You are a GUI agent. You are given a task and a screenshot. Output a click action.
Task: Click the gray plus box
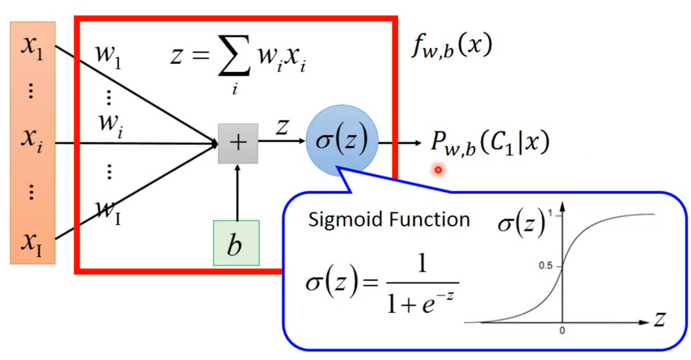(238, 143)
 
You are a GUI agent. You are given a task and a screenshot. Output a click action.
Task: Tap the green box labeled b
(236, 243)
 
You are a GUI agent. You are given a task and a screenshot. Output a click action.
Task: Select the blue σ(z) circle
(342, 141)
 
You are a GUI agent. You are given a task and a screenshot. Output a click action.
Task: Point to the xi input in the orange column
(32, 140)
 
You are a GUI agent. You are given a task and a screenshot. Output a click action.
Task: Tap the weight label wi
(110, 125)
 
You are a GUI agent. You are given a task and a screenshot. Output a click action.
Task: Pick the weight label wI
(109, 212)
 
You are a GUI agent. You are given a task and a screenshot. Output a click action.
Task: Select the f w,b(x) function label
(451, 47)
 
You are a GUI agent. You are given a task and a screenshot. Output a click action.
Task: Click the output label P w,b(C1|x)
(490, 143)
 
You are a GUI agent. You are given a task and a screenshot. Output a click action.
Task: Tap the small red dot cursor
(438, 170)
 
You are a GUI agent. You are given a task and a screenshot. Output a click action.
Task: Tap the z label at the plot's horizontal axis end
(660, 320)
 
